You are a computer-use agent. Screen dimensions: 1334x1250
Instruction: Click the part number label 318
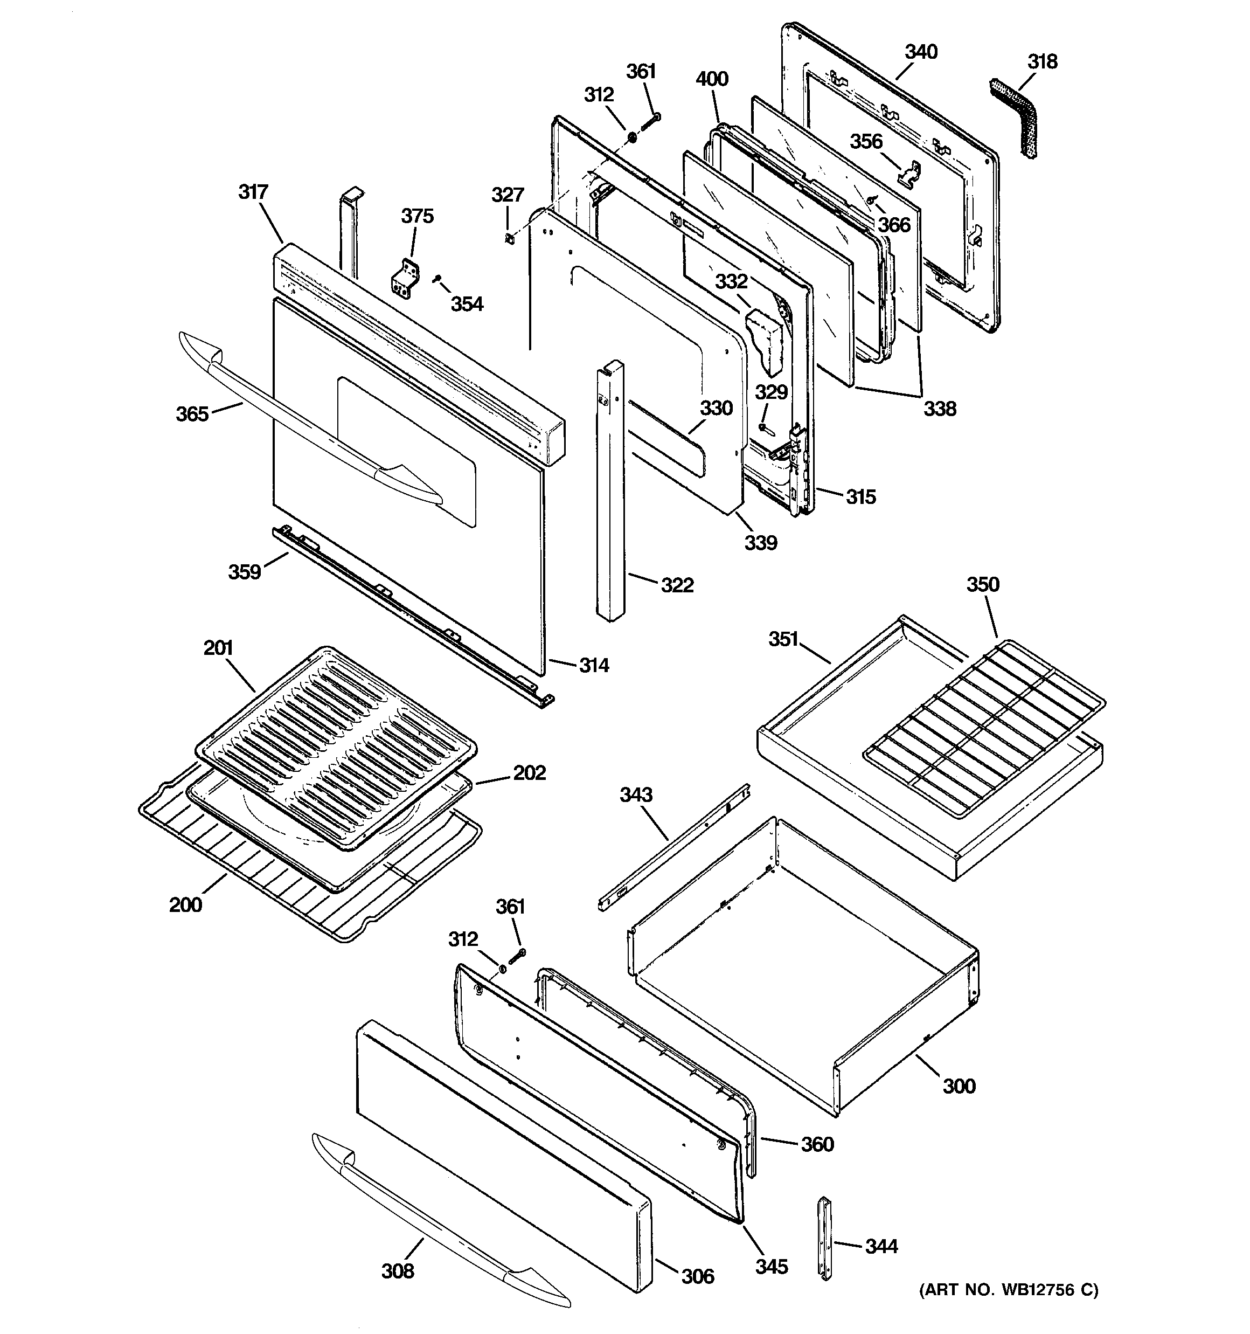coord(1042,62)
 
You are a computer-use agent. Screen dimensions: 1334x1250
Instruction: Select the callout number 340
coord(921,52)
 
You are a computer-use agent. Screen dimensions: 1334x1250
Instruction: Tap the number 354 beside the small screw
coord(466,304)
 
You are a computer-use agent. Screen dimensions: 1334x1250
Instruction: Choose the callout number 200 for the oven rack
coord(185,904)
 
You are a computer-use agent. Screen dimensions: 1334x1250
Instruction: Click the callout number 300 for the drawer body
coord(959,1086)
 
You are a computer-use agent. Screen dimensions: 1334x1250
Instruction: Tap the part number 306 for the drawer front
coord(698,1276)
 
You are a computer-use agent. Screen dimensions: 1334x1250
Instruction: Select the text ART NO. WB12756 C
coord(1009,1290)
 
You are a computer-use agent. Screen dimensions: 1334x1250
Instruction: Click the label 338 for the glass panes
coord(939,408)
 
